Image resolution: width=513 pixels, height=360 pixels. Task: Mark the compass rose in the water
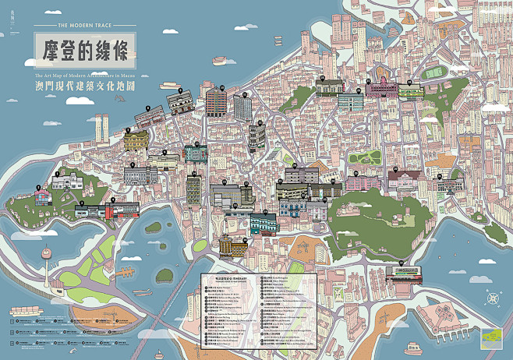click(x=492, y=296)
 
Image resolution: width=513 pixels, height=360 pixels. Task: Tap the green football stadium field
click(x=432, y=75)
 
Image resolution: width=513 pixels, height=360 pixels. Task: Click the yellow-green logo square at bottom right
click(x=493, y=337)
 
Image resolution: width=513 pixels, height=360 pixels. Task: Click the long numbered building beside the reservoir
click(x=404, y=274)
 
